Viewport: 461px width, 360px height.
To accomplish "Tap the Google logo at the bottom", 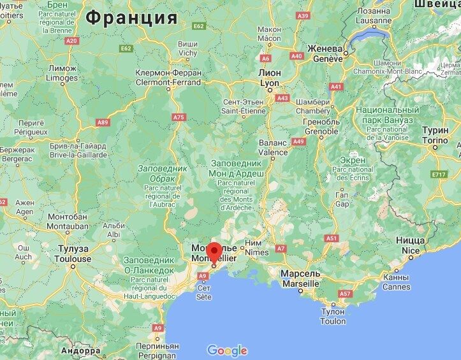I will pos(227,350).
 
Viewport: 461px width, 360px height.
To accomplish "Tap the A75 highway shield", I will pos(179,117).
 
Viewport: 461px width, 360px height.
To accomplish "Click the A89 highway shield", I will pos(102,121).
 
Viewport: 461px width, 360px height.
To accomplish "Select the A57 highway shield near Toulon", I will pos(345,294).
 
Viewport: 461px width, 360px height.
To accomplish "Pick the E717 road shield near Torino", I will pos(438,174).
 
